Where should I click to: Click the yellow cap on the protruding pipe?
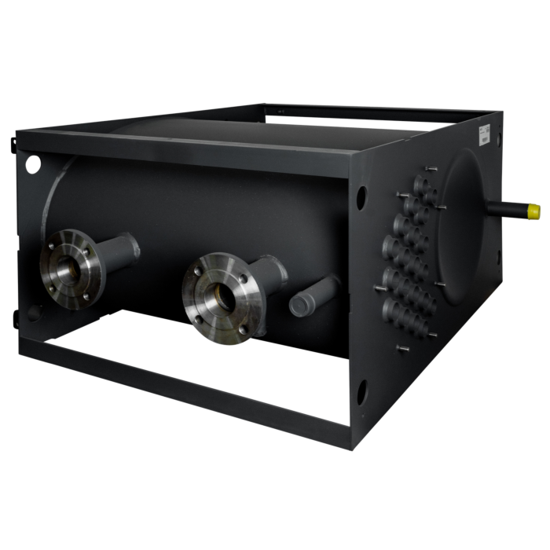point(533,211)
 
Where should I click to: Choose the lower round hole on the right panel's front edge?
point(361,389)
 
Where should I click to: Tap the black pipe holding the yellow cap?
point(507,208)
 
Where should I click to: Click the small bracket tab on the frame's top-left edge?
point(13,144)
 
